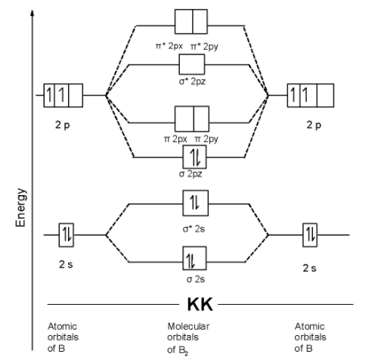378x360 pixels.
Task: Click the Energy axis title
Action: click(x=20, y=207)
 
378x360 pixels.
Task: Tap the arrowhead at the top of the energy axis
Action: click(x=32, y=13)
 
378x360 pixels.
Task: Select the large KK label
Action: click(x=200, y=304)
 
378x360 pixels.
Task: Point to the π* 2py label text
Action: click(x=204, y=47)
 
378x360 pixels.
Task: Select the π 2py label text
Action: click(x=206, y=139)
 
